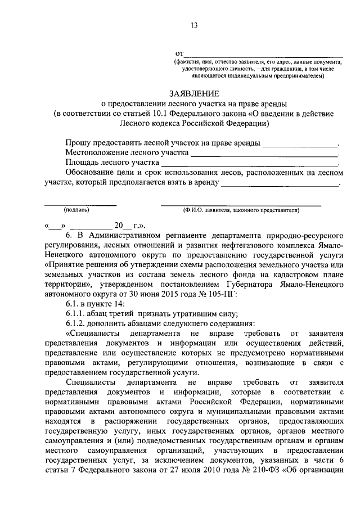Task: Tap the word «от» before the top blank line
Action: coord(180,52)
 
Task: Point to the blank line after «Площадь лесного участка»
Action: coord(250,163)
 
